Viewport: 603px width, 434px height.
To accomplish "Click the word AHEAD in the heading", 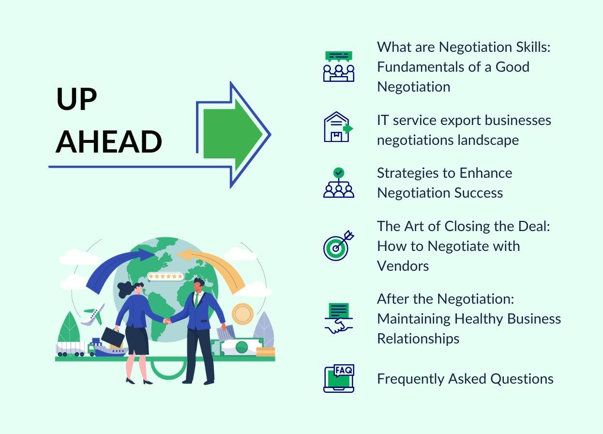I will click(109, 141).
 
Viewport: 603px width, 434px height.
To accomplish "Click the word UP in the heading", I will click(77, 99).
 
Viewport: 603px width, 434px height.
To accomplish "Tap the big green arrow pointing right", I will click(232, 134).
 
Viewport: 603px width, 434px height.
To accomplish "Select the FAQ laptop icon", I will click(339, 378).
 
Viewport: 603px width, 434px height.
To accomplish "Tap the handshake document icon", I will click(339, 318).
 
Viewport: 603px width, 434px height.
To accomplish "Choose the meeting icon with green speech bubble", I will click(339, 67).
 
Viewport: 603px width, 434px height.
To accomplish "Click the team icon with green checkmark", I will click(339, 183).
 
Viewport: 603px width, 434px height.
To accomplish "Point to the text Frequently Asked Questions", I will click(465, 378).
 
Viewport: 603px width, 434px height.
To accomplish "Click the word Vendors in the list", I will click(403, 265).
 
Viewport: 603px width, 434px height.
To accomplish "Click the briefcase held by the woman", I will click(113, 336).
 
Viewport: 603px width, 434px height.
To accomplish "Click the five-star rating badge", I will click(165, 277).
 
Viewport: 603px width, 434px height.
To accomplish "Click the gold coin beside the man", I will click(242, 314).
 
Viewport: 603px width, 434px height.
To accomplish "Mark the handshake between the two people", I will click(167, 321).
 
